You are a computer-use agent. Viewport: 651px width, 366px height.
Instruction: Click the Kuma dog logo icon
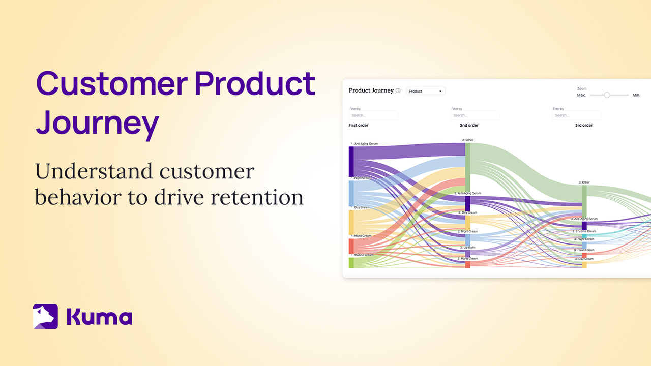tap(45, 317)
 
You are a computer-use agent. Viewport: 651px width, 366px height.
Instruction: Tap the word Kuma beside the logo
tap(99, 317)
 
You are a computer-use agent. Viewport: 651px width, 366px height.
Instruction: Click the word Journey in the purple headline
tap(97, 123)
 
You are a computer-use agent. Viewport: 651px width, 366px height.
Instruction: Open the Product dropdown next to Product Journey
tap(426, 91)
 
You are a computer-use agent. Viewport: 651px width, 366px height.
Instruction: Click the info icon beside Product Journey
tap(398, 91)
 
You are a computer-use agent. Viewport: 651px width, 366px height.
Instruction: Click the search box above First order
tap(373, 115)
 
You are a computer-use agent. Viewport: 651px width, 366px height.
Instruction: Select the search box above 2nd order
tap(475, 115)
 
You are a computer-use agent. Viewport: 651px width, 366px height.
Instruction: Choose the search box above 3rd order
tap(577, 115)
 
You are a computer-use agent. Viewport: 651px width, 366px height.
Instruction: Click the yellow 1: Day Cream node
tap(351, 222)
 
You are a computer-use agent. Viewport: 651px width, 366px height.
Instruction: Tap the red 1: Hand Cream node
tap(351, 246)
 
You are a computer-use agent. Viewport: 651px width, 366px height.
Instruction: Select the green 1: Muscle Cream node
tap(351, 262)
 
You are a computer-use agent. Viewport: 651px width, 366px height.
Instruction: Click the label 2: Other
tap(467, 140)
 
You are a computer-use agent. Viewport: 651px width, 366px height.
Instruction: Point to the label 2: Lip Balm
tap(467, 247)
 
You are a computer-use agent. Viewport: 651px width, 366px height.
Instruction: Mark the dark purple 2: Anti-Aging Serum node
tap(467, 203)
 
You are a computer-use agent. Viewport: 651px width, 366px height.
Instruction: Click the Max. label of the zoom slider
tap(581, 95)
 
